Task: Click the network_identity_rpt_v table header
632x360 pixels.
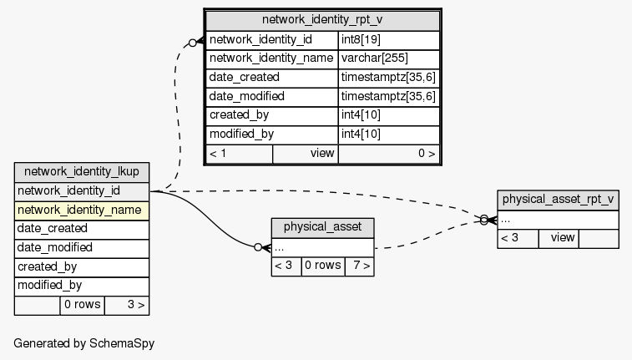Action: pyautogui.click(x=322, y=20)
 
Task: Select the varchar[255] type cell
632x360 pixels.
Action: pyautogui.click(x=389, y=58)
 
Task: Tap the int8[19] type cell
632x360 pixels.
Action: pyautogui.click(x=389, y=40)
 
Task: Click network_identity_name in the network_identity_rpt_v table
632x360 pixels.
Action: pyautogui.click(x=272, y=58)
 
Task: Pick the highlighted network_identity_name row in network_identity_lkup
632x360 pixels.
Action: pyautogui.click(x=82, y=210)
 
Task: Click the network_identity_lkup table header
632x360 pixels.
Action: pyautogui.click(x=82, y=172)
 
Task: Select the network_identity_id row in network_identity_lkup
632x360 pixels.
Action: pyautogui.click(x=82, y=191)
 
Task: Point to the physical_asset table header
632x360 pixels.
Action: pyautogui.click(x=322, y=227)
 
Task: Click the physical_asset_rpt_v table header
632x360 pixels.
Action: pyautogui.click(x=558, y=200)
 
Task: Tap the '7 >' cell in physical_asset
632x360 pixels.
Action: pyautogui.click(x=359, y=266)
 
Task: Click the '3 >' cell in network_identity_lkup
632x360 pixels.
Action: pyautogui.click(x=127, y=305)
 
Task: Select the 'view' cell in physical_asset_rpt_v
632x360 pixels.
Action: pyautogui.click(x=562, y=238)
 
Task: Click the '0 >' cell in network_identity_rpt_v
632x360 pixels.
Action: pyautogui.click(x=388, y=154)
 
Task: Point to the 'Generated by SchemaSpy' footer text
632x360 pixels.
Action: pyautogui.click(x=83, y=343)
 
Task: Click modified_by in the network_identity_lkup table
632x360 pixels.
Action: pyautogui.click(x=82, y=285)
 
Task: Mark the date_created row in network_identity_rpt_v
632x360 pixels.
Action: pyautogui.click(x=272, y=78)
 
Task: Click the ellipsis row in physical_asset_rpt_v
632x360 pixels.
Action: pyautogui.click(x=558, y=220)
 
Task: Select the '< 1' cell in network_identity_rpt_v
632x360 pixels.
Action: pyautogui.click(x=239, y=154)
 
